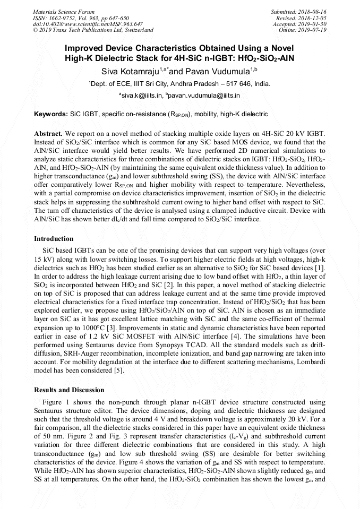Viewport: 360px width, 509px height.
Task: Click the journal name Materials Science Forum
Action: (x=64, y=11)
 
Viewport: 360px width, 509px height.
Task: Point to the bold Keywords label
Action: (x=51, y=114)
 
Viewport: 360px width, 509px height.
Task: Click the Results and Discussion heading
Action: (x=69, y=390)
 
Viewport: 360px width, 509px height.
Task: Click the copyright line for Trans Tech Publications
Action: (x=93, y=30)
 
